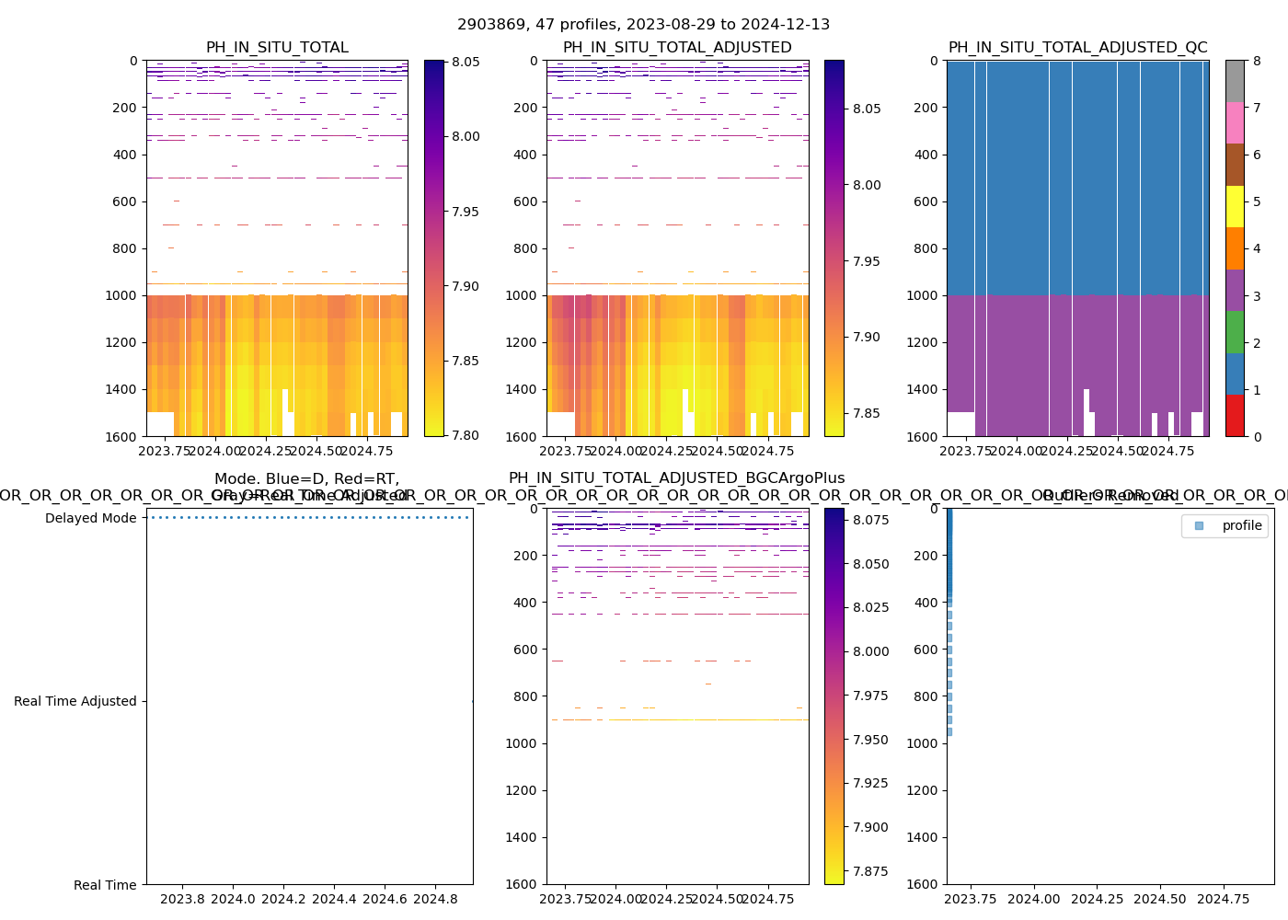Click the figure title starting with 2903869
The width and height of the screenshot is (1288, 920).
643,25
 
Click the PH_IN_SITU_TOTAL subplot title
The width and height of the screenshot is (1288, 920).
277,48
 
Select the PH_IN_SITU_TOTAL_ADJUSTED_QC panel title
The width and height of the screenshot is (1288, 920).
1077,48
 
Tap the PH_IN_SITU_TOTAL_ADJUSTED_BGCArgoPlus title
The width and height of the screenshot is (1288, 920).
676,478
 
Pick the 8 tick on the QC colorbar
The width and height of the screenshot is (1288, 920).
1257,62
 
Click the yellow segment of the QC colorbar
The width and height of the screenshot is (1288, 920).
1234,206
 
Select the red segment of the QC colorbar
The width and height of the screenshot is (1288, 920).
1234,415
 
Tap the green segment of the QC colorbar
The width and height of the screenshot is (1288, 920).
1234,331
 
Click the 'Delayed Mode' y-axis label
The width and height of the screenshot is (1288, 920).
90,518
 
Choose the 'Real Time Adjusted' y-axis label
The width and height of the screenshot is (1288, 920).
75,701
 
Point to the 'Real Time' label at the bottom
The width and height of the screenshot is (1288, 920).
105,885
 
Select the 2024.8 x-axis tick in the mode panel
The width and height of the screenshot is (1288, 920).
435,899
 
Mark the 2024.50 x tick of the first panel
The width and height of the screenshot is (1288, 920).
316,451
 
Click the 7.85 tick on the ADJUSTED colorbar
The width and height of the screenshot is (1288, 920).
866,413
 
